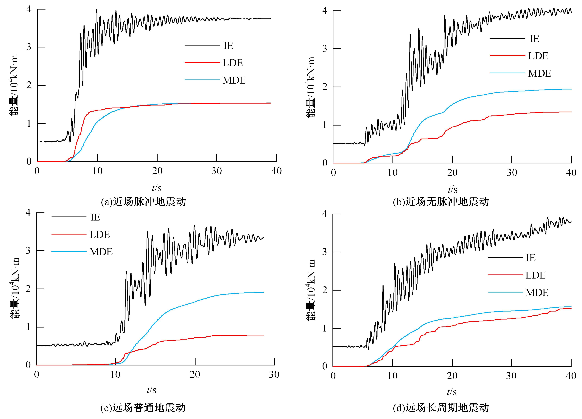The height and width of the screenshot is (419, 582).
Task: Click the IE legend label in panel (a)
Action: click(x=228, y=46)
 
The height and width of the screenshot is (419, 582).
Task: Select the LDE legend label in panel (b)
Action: click(x=538, y=56)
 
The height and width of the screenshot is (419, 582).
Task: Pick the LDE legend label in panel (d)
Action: click(x=535, y=275)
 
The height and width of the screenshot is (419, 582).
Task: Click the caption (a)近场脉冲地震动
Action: click(x=143, y=202)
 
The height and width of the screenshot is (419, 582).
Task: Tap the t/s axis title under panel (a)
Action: click(x=157, y=188)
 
